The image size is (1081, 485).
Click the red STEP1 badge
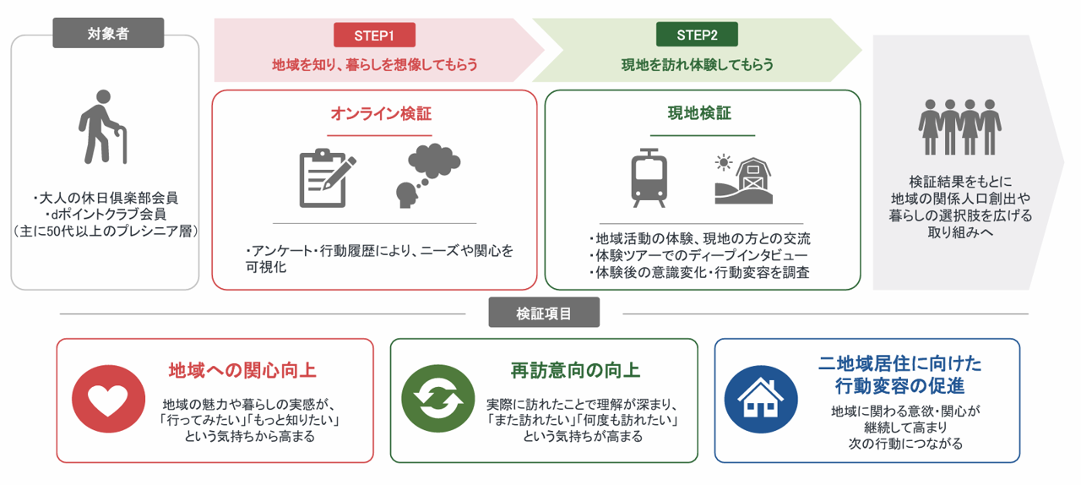click(x=374, y=35)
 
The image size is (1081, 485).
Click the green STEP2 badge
click(x=697, y=35)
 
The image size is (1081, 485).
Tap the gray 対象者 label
click(x=108, y=33)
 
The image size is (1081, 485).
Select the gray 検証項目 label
click(x=544, y=313)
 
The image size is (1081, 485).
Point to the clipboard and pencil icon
click(x=327, y=177)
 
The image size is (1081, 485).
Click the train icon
click(x=649, y=177)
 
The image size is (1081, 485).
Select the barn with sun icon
click(x=743, y=179)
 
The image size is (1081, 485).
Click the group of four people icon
click(x=959, y=127)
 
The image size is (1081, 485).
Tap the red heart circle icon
click(x=108, y=399)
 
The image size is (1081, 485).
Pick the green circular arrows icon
click(x=437, y=399)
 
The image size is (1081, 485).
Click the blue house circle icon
click(x=761, y=399)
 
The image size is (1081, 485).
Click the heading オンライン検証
click(x=381, y=113)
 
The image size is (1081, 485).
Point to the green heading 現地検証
click(x=699, y=113)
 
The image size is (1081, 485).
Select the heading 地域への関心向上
click(x=242, y=371)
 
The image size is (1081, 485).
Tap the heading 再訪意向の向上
click(x=575, y=371)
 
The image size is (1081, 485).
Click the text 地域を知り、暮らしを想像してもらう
click(x=374, y=65)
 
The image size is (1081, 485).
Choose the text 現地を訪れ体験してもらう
click(x=697, y=65)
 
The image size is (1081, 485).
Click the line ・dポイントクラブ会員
click(x=106, y=214)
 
